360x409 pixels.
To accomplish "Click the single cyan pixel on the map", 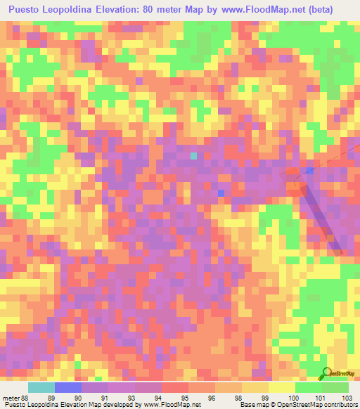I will [194, 156].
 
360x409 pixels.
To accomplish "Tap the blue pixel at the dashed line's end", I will [309, 170].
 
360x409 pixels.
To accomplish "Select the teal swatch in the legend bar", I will [41, 387].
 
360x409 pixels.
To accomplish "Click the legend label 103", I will [348, 397].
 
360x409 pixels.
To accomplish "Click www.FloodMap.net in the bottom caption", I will [169, 405].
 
